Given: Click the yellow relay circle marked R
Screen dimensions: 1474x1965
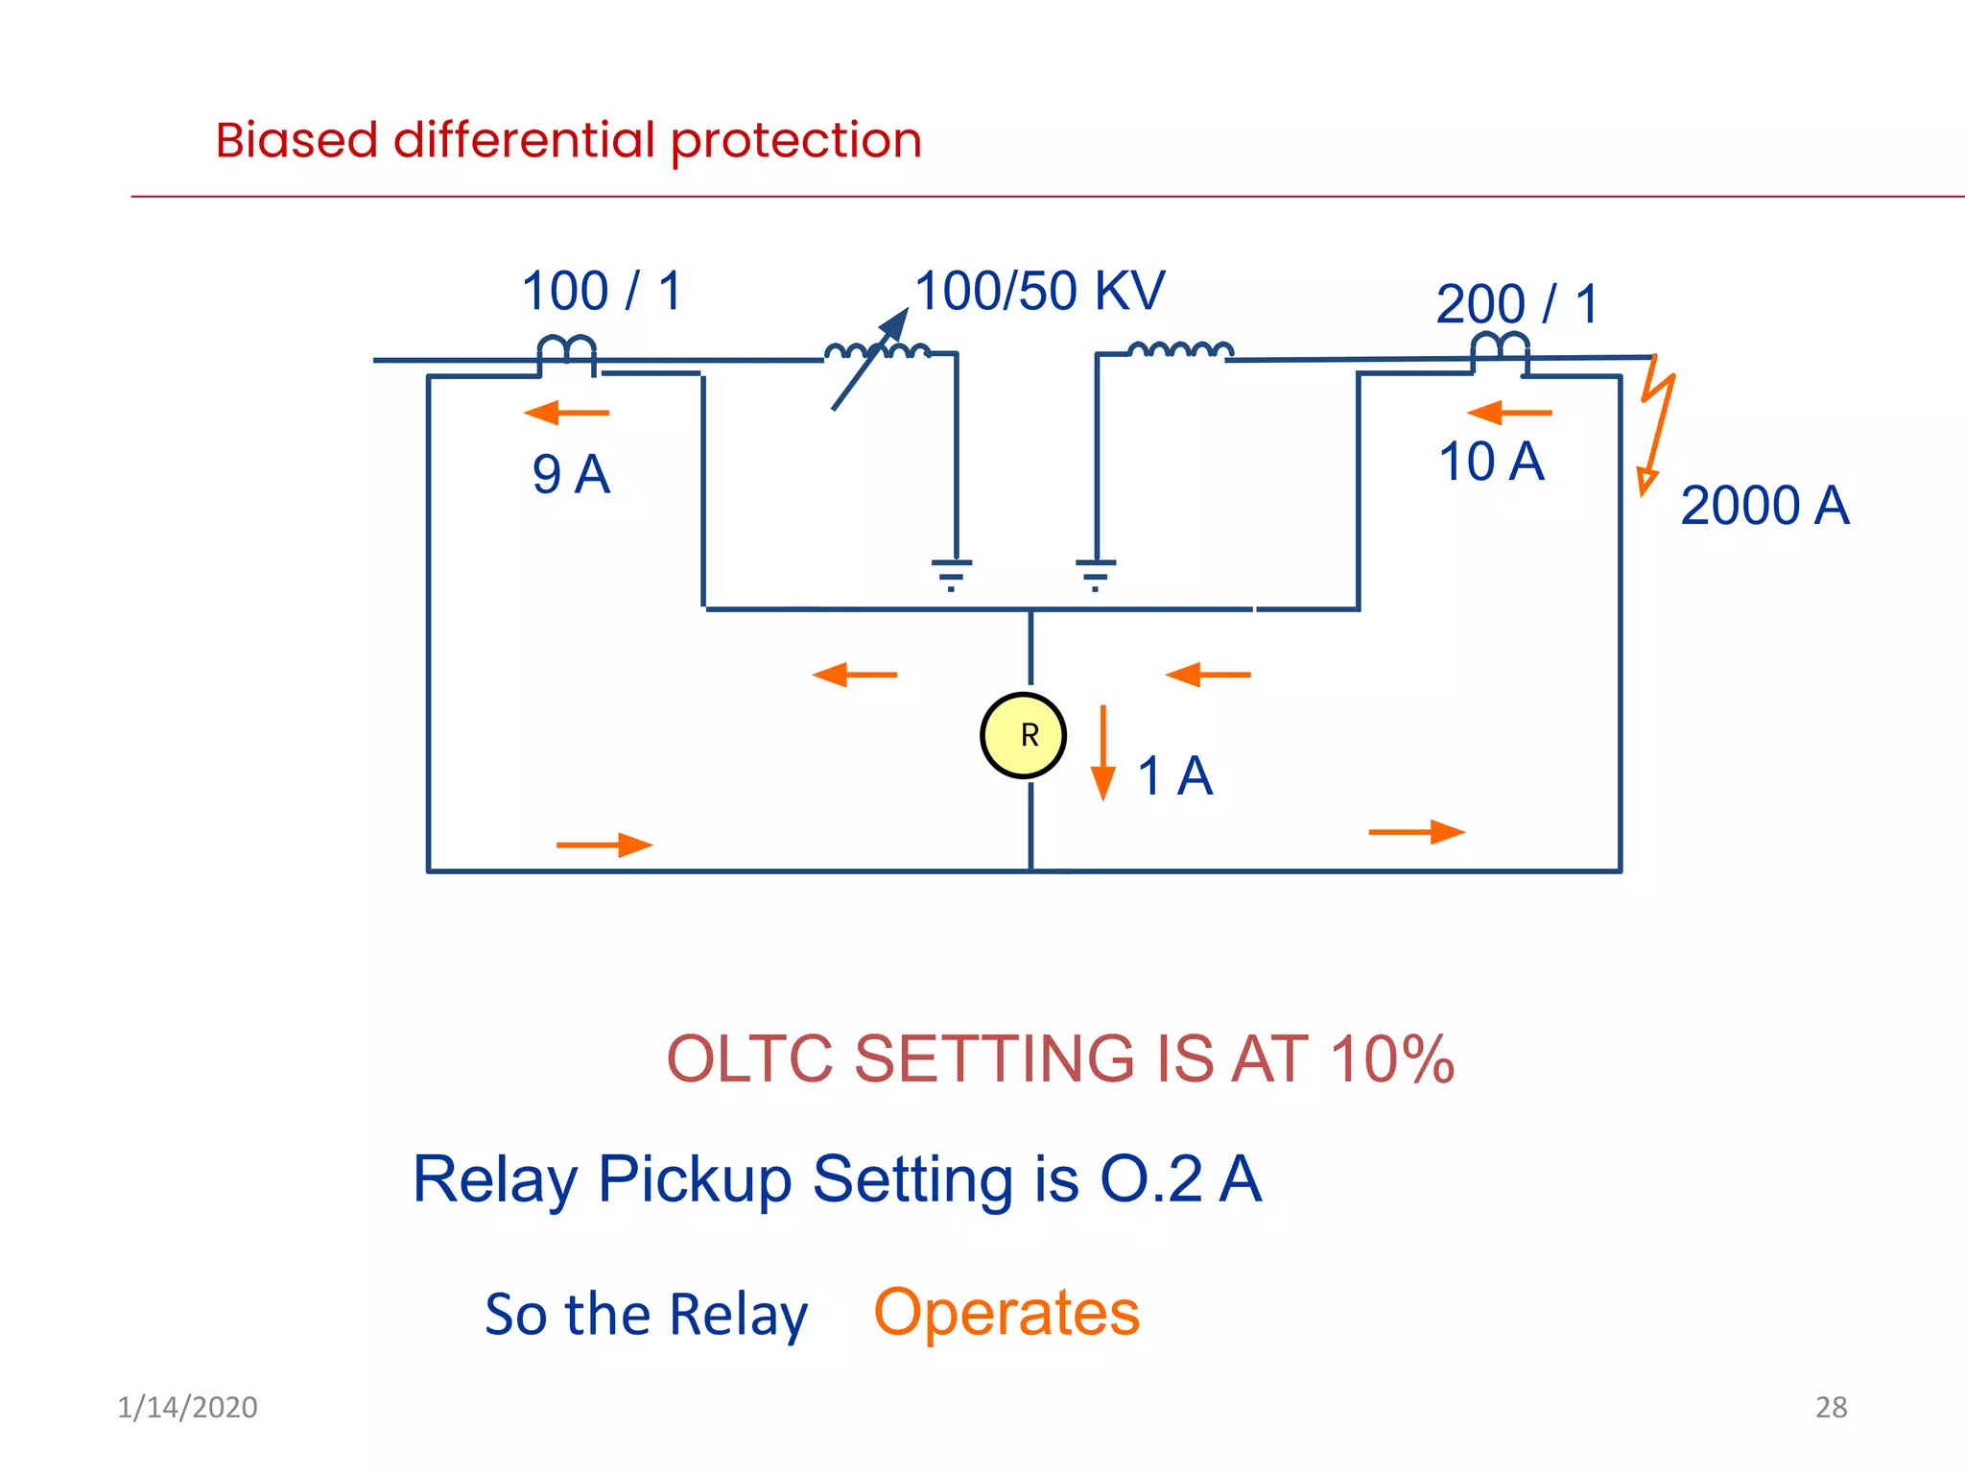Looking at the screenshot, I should [1023, 735].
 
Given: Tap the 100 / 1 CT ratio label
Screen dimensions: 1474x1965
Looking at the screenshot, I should [602, 291].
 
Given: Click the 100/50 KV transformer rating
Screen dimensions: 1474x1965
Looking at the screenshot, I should [1039, 291].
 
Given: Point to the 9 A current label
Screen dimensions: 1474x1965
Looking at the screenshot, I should [571, 474].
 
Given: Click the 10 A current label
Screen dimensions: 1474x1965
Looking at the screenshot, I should [1491, 462].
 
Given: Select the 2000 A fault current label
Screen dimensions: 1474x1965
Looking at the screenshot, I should [1764, 506].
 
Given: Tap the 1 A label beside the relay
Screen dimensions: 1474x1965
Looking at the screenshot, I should [1174, 775].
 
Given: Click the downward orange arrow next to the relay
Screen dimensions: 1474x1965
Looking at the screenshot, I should [1103, 752].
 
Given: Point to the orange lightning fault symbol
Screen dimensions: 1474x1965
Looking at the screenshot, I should [1657, 422].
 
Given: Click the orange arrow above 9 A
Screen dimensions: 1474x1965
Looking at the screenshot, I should [566, 413].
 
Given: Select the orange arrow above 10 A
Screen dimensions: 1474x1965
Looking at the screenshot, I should [1508, 413].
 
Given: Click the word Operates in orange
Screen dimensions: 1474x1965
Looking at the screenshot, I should [1006, 1313].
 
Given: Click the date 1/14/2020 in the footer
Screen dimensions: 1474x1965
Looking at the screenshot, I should [187, 1407].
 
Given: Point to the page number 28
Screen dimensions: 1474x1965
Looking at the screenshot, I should [1831, 1407].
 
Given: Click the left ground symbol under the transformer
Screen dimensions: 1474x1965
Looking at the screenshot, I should [952, 573].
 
